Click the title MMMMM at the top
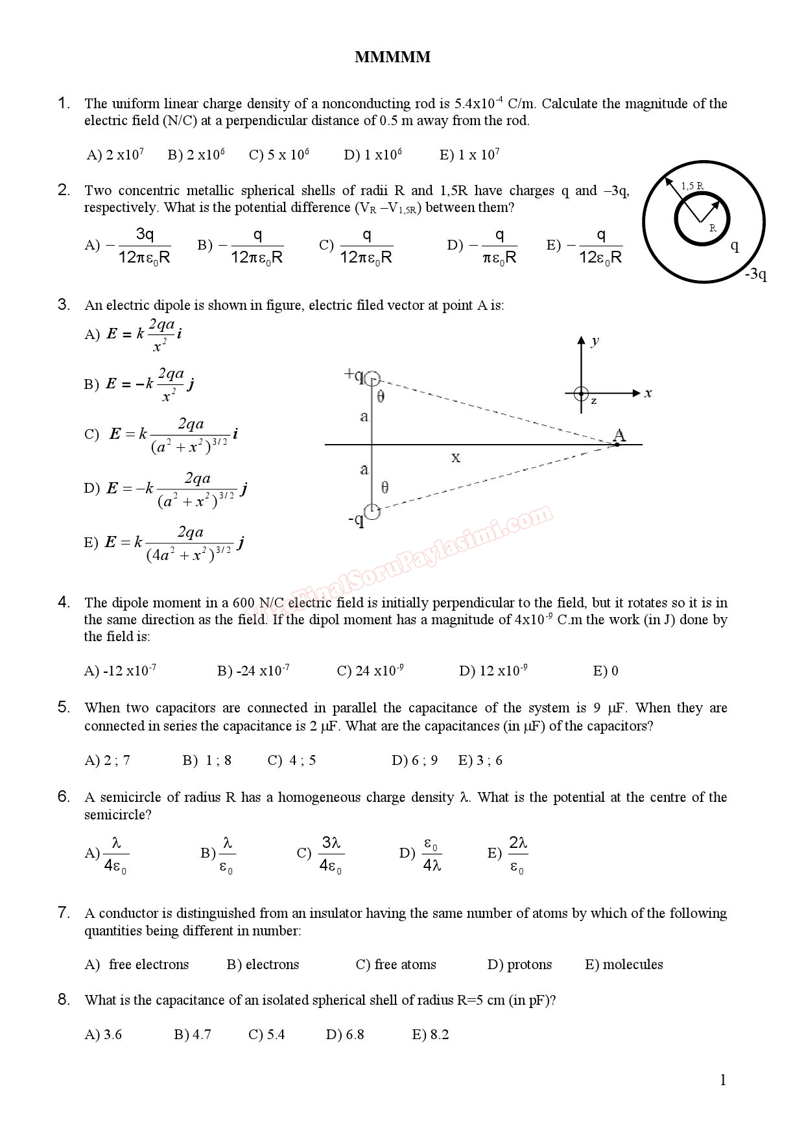coord(392,57)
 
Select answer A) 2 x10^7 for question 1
coord(115,155)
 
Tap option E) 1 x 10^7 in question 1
coord(469,155)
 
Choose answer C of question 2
coord(356,246)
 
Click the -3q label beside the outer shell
coord(755,274)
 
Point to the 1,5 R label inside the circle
coord(692,186)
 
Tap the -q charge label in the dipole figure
coord(356,520)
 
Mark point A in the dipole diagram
coord(619,436)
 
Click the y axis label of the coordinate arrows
coord(595,341)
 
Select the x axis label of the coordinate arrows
coord(648,393)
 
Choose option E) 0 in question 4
coord(606,671)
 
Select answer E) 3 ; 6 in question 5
coord(480,760)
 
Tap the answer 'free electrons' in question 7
coord(148,965)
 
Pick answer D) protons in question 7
coord(519,965)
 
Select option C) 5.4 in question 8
coord(266,1035)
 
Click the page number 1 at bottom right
coord(723,1080)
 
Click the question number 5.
coord(64,707)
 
